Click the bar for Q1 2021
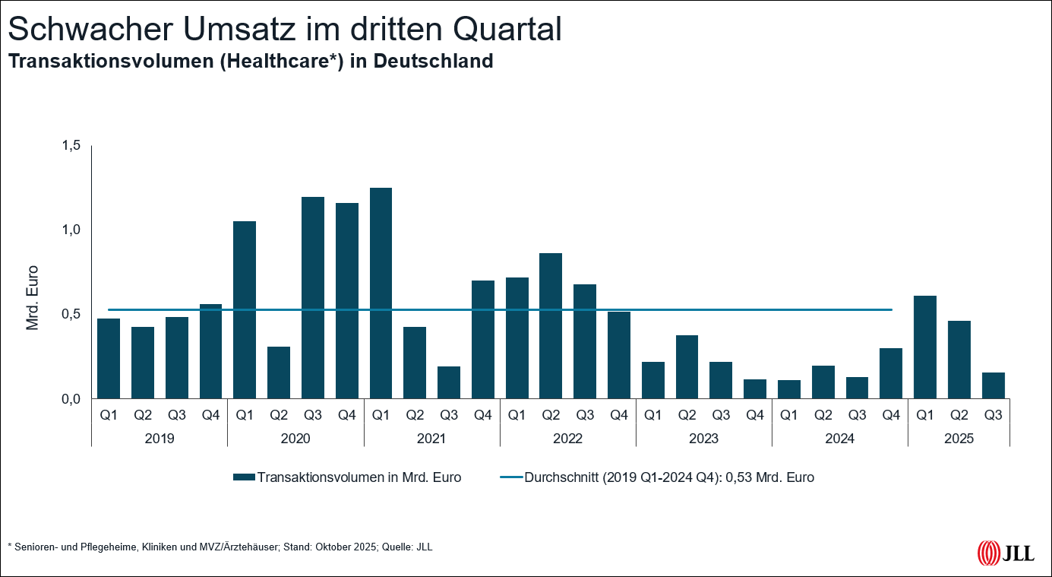click(381, 293)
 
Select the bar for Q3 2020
click(313, 297)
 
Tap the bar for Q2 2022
click(551, 325)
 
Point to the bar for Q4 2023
click(755, 388)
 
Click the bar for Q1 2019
click(109, 358)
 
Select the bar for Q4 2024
click(891, 373)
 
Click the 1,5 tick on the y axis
click(71, 145)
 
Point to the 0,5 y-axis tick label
click(71, 314)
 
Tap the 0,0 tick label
click(71, 398)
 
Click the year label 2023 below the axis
click(703, 439)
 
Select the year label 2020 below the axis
click(295, 439)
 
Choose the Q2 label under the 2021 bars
click(415, 415)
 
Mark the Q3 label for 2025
click(993, 415)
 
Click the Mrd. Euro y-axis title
click(33, 297)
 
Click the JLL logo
click(1005, 553)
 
